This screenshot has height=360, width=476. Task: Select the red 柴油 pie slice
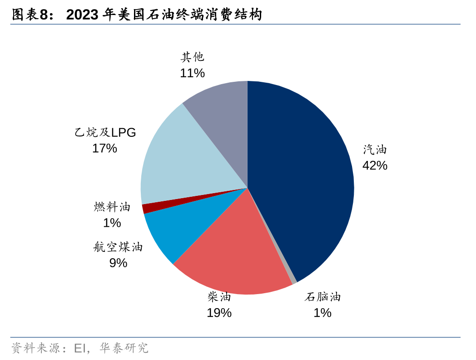236,255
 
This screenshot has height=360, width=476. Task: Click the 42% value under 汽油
375,165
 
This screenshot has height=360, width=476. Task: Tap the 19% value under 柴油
219,313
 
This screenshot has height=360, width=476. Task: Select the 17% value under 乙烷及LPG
104,148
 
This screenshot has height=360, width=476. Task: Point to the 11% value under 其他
192,73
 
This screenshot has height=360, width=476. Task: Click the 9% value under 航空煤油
118,263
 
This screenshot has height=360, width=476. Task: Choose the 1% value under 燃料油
112,223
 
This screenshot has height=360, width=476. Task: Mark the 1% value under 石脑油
322,313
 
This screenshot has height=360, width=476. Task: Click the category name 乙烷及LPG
105,132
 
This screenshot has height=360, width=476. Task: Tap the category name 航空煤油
118,247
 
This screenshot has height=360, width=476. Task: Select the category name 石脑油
322,297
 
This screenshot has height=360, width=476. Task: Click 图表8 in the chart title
30,15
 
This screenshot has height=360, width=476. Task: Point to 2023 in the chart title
82,15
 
